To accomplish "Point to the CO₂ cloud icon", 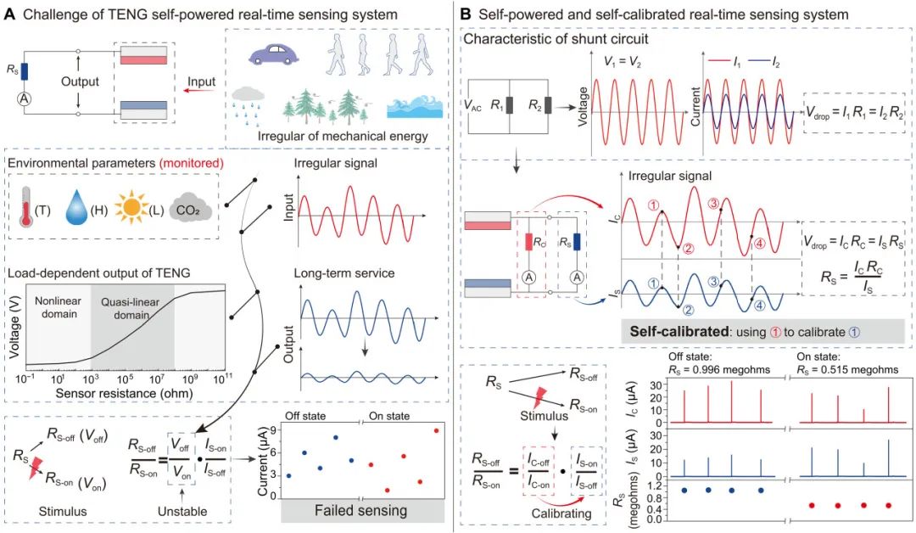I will (x=188, y=206).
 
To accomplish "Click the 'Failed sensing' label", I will (x=362, y=511).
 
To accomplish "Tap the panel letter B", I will (x=467, y=14).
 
